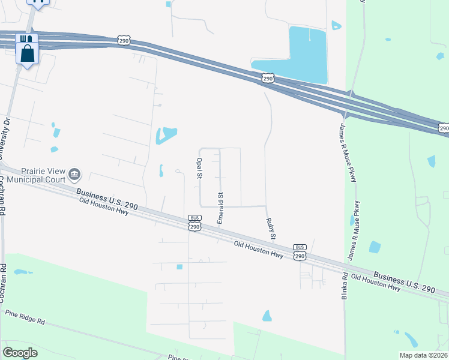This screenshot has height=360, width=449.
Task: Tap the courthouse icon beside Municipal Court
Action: coord(75,175)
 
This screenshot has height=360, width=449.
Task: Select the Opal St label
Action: coord(199,169)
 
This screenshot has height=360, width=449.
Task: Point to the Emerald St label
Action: coord(220,208)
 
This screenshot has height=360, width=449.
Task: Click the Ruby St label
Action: coord(270,229)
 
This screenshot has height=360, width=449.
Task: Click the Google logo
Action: coord(20,352)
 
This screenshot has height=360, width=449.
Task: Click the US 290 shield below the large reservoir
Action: coord(268,79)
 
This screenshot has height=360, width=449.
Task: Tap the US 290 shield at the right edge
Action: coord(444,128)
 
